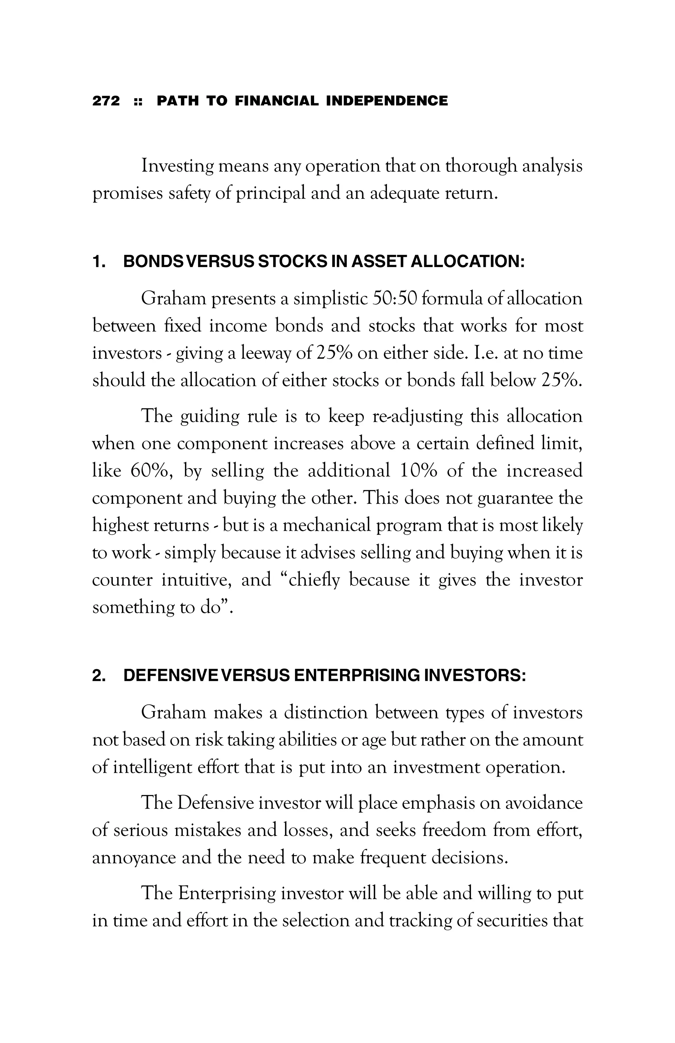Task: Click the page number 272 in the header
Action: click(105, 101)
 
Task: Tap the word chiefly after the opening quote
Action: click(312, 580)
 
